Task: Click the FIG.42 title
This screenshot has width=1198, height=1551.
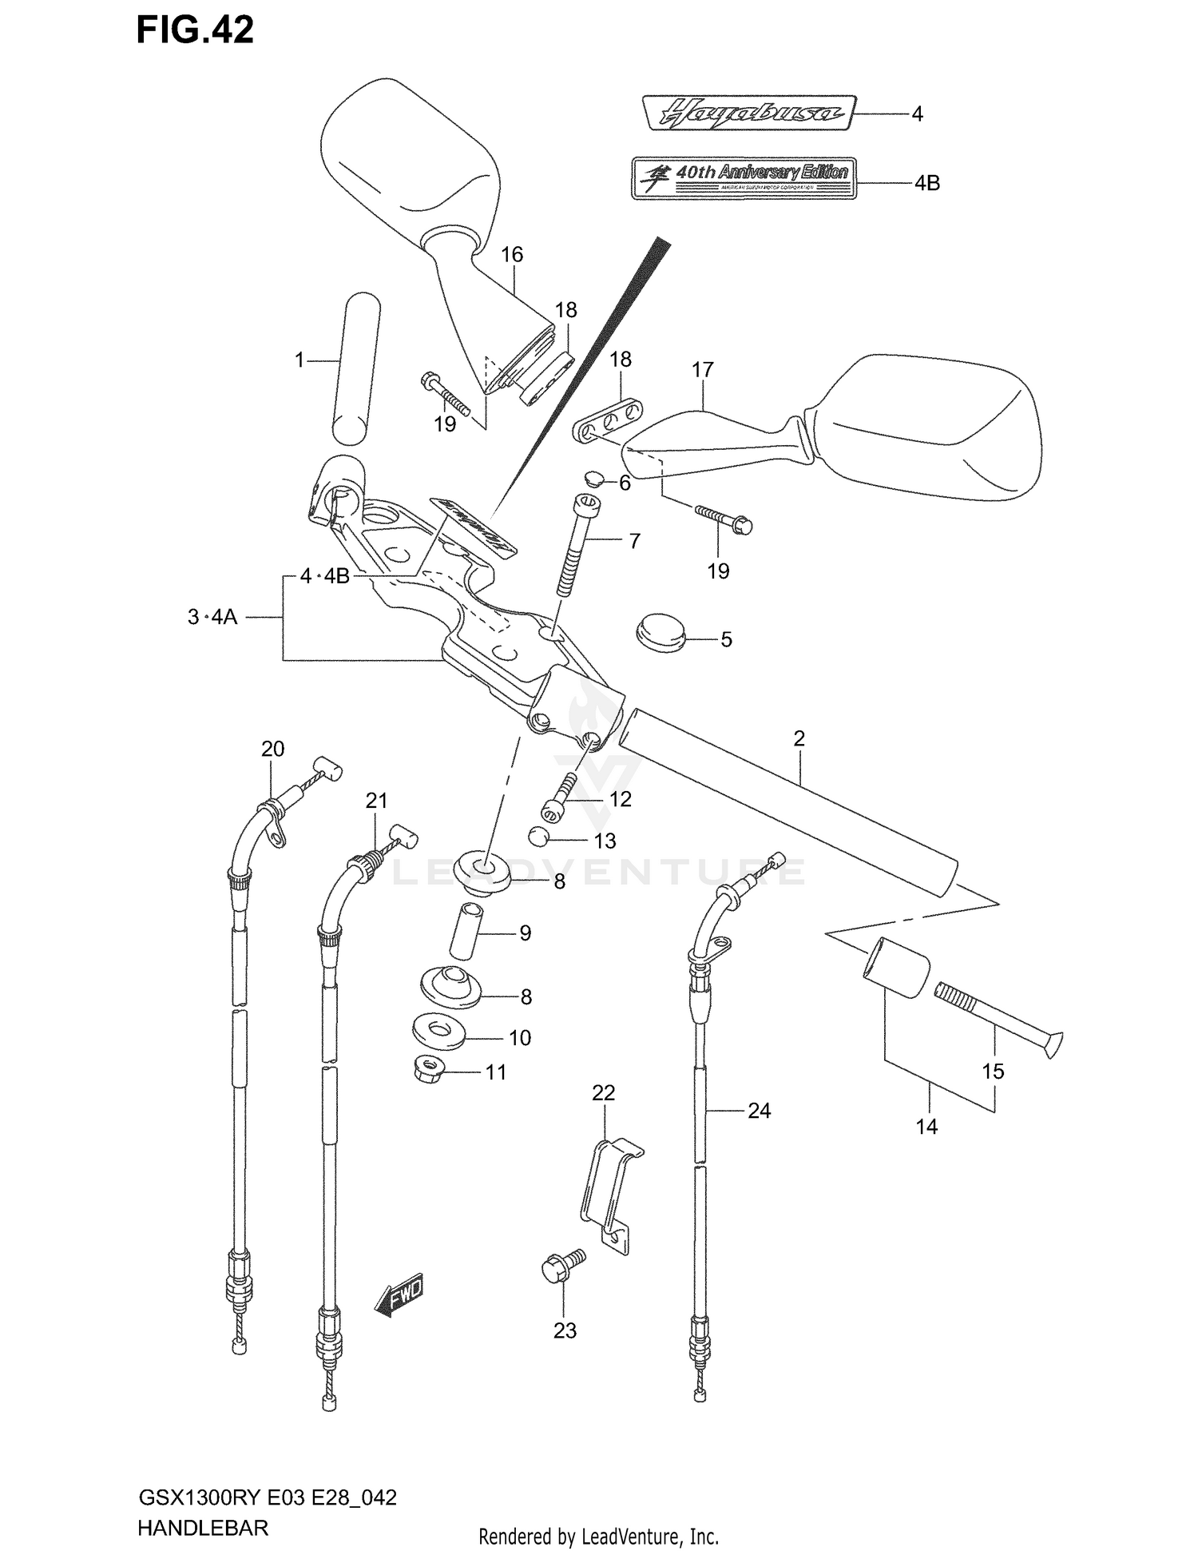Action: pyautogui.click(x=195, y=30)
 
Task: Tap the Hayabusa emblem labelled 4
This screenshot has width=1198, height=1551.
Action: pyautogui.click(x=748, y=113)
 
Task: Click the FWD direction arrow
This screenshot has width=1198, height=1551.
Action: pyautogui.click(x=399, y=1295)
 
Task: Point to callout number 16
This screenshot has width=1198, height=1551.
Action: pyautogui.click(x=512, y=255)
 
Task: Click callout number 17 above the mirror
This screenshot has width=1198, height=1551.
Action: pyautogui.click(x=702, y=370)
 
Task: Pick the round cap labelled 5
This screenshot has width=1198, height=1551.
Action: pyautogui.click(x=660, y=633)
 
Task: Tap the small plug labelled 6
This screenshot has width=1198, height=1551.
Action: pyautogui.click(x=593, y=479)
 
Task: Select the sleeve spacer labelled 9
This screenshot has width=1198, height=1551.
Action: pyautogui.click(x=466, y=930)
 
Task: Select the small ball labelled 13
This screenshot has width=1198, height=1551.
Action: pyautogui.click(x=538, y=837)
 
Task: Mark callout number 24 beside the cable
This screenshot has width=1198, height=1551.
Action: pyautogui.click(x=759, y=1111)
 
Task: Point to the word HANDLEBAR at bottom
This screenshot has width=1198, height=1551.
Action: pyautogui.click(x=202, y=1528)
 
